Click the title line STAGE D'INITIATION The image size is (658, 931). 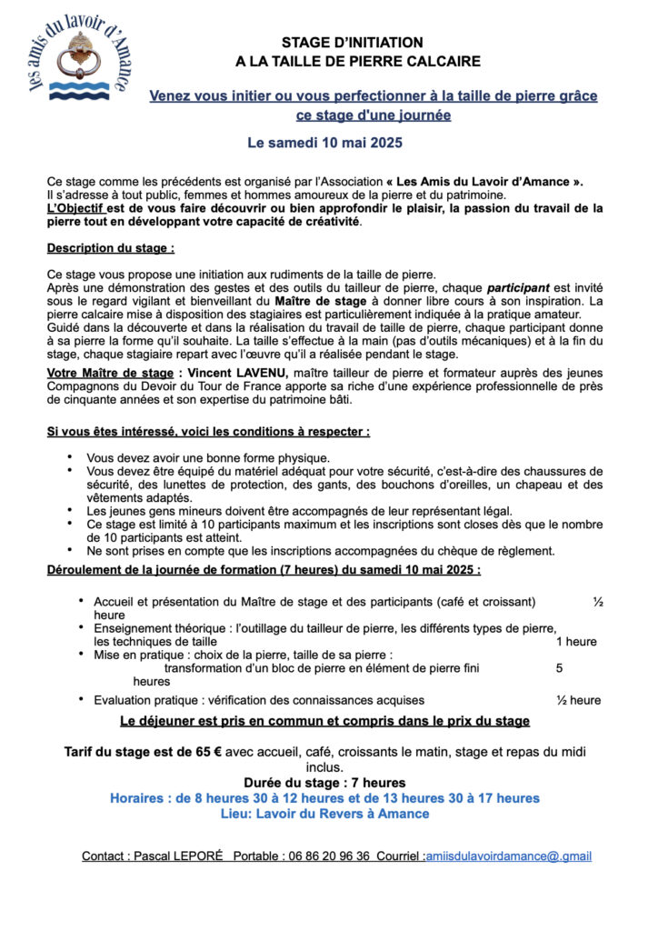point(352,42)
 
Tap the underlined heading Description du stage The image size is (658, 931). point(110,247)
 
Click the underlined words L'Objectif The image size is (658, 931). point(75,208)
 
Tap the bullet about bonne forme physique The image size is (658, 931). point(208,458)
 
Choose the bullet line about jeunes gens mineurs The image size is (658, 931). point(299,511)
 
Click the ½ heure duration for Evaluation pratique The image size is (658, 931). point(578,700)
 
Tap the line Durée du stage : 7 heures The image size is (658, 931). point(324,783)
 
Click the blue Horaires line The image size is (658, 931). point(324,798)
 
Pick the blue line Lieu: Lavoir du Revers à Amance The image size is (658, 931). point(324,814)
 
